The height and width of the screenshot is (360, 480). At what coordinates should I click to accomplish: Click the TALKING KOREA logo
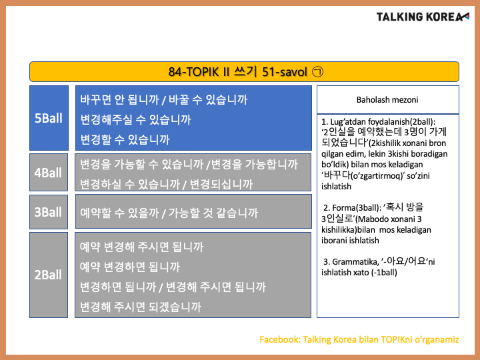pyautogui.click(x=423, y=17)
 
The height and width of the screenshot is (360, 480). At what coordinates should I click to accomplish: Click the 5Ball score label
pyautogui.click(x=49, y=118)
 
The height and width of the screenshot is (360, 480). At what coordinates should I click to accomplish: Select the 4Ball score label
pyautogui.click(x=48, y=173)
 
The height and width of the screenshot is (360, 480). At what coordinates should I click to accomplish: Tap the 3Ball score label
pyautogui.click(x=48, y=212)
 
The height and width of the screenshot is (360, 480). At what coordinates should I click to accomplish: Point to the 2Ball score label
pyautogui.click(x=48, y=275)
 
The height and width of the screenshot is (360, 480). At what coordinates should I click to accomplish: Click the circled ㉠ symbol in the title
pyautogui.click(x=317, y=72)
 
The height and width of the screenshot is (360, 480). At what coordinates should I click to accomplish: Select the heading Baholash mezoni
pyautogui.click(x=387, y=100)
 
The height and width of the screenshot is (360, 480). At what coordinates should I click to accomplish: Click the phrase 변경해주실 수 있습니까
pyautogui.click(x=135, y=119)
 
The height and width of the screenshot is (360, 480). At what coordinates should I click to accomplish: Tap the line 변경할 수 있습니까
pyautogui.click(x=125, y=139)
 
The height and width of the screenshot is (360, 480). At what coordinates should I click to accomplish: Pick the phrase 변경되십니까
pyautogui.click(x=221, y=184)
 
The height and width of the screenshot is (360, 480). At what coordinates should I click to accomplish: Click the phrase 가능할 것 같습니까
pyautogui.click(x=213, y=213)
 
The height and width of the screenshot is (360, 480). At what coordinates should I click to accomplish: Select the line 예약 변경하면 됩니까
pyautogui.click(x=130, y=267)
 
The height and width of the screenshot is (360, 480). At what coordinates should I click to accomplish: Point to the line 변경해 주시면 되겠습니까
pyautogui.click(x=141, y=307)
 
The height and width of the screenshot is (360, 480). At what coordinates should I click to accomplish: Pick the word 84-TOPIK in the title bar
pyautogui.click(x=194, y=72)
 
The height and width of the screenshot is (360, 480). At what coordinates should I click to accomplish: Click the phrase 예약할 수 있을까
pyautogui.click(x=120, y=213)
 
